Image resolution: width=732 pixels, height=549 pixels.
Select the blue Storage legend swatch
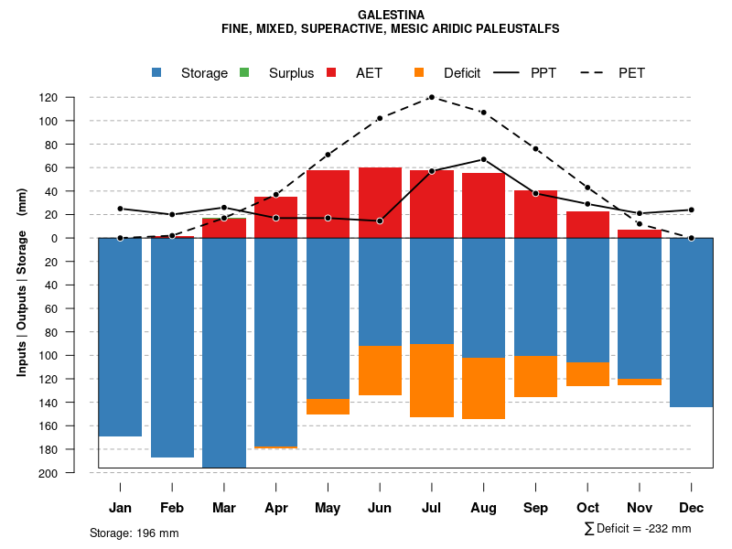coord(157,72)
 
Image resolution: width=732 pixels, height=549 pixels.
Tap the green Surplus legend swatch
coord(244,72)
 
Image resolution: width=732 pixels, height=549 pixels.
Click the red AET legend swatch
coord(331,72)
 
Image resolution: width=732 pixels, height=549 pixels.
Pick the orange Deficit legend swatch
coord(419,72)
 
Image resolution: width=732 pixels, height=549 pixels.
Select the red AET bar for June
coord(380,202)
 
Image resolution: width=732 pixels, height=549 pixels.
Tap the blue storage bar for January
coord(120,337)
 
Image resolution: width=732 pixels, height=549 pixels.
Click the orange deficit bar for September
coord(535,376)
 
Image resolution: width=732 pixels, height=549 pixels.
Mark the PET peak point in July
coord(432,97)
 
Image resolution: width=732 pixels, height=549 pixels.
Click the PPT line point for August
coord(483,159)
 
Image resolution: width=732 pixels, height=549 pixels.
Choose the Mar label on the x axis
coord(224,508)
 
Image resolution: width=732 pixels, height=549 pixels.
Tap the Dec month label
coord(691,508)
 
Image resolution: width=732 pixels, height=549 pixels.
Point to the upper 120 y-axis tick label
coord(74,97)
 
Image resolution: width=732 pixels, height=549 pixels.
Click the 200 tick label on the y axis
coord(74,473)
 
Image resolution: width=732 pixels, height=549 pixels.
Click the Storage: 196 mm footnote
coord(134,533)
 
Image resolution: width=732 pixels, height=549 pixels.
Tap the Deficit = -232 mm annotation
coord(638,529)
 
